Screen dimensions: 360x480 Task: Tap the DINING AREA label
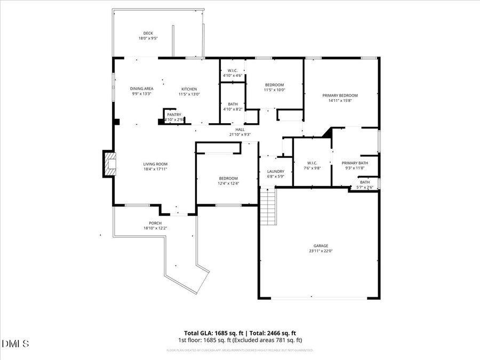click(142, 89)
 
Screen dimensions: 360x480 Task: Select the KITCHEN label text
click(189, 89)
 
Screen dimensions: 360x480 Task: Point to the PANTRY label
click(174, 115)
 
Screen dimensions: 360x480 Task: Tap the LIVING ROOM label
click(155, 164)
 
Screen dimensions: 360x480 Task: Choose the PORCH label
click(155, 223)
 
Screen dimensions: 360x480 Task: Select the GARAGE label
click(321, 246)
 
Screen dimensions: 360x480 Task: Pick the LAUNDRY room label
click(276, 171)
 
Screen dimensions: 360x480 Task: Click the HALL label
click(239, 129)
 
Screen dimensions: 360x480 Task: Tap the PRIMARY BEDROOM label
click(340, 95)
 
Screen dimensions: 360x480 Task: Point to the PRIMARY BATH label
click(355, 163)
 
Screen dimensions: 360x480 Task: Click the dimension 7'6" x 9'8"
click(313, 168)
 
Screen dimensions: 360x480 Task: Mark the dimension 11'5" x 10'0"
click(275, 90)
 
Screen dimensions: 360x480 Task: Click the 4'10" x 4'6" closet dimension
click(233, 76)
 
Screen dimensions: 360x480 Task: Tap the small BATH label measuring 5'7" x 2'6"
click(364, 182)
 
